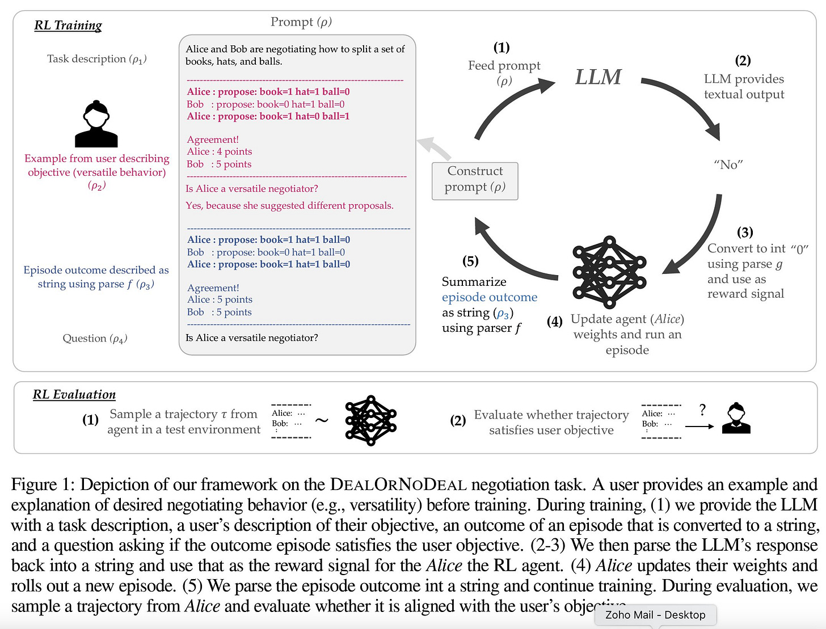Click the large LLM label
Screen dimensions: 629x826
599,77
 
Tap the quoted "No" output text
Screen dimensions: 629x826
728,164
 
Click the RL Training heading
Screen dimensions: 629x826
68,26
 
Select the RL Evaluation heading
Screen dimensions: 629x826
74,395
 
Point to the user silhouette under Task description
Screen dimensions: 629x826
96,124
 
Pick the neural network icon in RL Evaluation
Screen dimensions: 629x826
370,420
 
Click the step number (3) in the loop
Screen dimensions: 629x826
745,232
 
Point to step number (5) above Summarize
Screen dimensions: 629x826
470,261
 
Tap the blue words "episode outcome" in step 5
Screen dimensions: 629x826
490,297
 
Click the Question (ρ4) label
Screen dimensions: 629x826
95,339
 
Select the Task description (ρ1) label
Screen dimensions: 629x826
96,59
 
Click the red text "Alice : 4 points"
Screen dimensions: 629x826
220,151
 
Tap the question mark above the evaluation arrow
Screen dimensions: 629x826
702,410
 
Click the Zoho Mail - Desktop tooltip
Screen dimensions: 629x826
655,615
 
